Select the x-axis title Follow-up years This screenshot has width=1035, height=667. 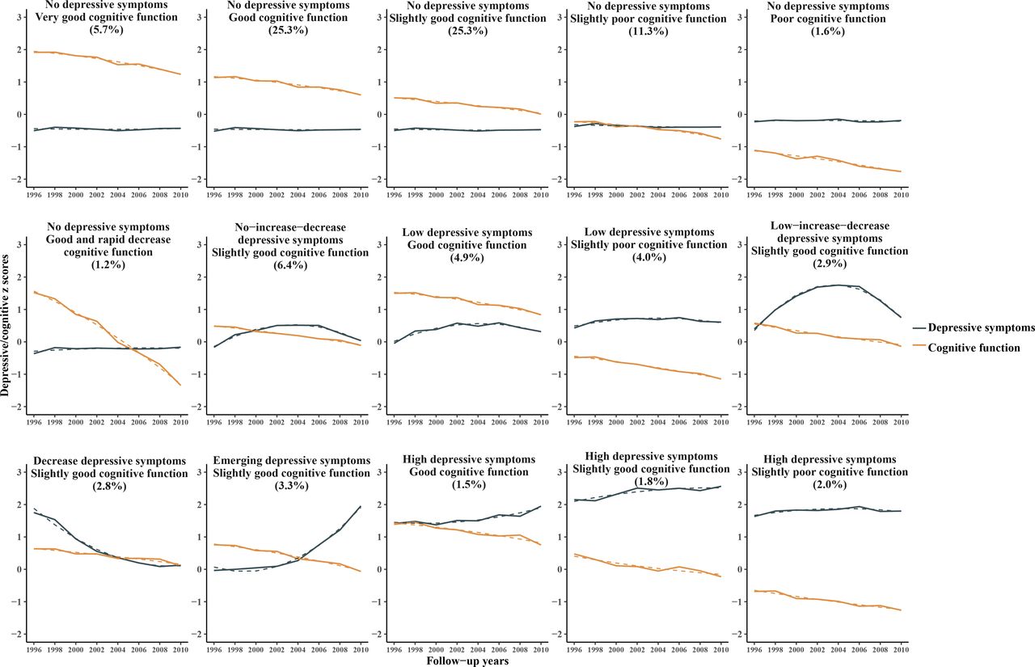(468, 661)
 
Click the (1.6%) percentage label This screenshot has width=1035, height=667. (830, 30)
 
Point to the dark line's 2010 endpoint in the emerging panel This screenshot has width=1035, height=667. (360, 506)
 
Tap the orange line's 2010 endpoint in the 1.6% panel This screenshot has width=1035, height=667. (901, 171)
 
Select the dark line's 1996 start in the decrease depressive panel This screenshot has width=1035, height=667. (35, 512)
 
